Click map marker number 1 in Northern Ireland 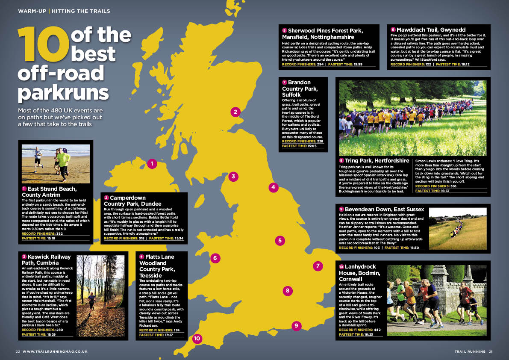[x=152, y=163]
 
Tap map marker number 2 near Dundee [x=235, y=112]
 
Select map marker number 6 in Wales [x=215, y=258]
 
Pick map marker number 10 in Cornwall [x=197, y=338]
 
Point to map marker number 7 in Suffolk [x=318, y=266]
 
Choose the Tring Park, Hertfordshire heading [x=374, y=160]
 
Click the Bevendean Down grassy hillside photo [x=457, y=228]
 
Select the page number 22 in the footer [x=18, y=351]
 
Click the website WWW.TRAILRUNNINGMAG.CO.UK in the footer [x=55, y=351]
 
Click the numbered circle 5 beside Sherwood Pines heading [x=284, y=30]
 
